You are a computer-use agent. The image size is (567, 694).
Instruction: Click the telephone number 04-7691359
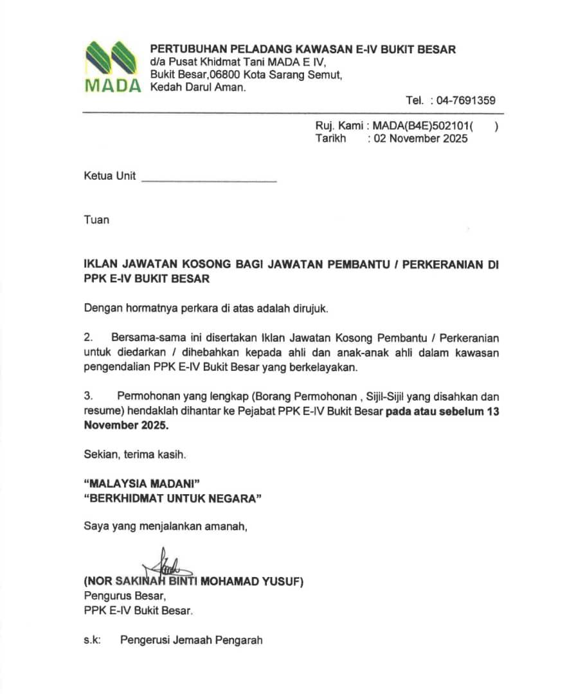coord(465,100)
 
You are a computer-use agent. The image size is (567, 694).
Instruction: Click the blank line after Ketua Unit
coord(208,181)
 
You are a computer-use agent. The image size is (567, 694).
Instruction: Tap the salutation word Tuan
coord(96,220)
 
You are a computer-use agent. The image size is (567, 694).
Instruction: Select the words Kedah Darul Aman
coord(197,87)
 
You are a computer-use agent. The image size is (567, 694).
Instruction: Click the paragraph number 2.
coord(88,337)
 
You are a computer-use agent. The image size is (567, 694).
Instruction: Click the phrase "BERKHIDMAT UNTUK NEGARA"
coord(174,498)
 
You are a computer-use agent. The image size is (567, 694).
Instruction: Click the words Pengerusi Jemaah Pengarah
coord(191,640)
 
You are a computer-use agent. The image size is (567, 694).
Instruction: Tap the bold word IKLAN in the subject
coord(101,265)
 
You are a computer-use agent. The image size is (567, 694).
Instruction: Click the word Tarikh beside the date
coord(330,138)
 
